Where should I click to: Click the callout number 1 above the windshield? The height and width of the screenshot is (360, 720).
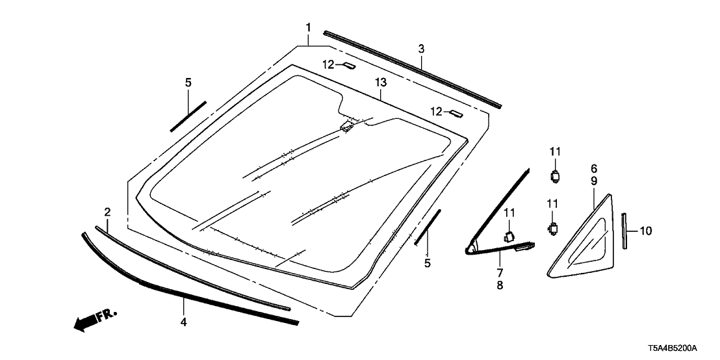click(x=308, y=27)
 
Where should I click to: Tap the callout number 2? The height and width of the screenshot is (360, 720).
click(x=107, y=212)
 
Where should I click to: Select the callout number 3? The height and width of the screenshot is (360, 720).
click(x=421, y=49)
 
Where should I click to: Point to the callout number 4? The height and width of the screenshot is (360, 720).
click(x=184, y=322)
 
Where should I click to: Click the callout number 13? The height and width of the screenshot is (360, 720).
click(x=381, y=83)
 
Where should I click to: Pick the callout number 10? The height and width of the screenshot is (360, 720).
click(x=646, y=231)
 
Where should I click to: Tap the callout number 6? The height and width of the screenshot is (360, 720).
click(x=594, y=168)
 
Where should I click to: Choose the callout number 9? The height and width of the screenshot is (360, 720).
click(x=594, y=181)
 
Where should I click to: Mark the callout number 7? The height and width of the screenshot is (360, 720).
click(x=500, y=272)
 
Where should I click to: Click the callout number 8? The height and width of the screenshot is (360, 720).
click(x=500, y=285)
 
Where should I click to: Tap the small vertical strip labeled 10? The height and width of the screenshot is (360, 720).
click(x=624, y=231)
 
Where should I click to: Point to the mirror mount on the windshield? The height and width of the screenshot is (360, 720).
click(x=346, y=126)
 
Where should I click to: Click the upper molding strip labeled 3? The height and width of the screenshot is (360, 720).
click(x=413, y=69)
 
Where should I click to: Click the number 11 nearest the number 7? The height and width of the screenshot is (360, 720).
click(x=509, y=212)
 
